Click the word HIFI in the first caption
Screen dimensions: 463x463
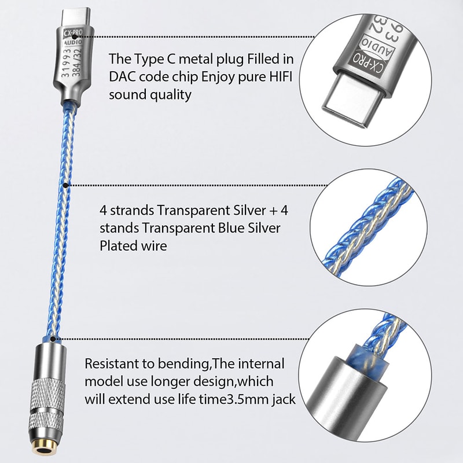(281, 77)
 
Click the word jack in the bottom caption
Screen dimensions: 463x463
(284, 400)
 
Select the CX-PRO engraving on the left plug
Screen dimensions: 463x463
(74, 32)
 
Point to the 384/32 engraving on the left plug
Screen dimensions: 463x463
(77, 63)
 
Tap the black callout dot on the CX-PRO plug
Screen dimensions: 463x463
(74, 37)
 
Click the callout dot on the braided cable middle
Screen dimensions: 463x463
(65, 185)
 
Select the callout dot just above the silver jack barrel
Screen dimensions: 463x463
(52, 339)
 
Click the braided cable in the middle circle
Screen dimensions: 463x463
(370, 227)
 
